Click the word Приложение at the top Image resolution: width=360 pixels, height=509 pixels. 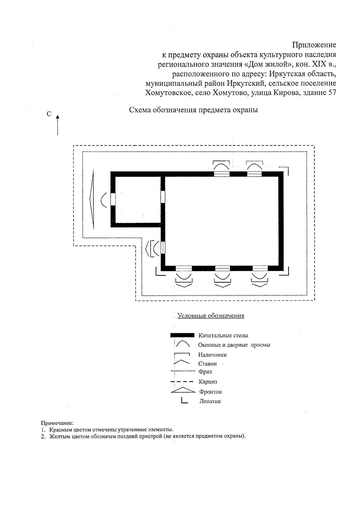coord(314,45)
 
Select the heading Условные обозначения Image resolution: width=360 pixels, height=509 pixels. coord(211,316)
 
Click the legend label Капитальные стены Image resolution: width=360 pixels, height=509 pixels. coord(223,335)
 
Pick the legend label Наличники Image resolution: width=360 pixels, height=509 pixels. coord(212,355)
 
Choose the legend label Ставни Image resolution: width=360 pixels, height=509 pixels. coord(207,364)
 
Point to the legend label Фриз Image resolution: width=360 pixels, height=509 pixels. coord(205,372)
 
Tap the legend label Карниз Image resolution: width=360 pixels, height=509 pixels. coord(208,382)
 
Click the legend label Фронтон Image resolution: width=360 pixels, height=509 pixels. coord(210,392)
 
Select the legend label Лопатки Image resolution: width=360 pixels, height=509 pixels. coord(210,401)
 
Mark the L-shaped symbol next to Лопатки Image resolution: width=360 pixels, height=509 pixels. coord(184,401)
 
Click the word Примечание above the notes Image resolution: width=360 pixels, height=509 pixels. coord(57,423)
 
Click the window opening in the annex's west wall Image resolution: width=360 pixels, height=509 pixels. coord(113,199)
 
